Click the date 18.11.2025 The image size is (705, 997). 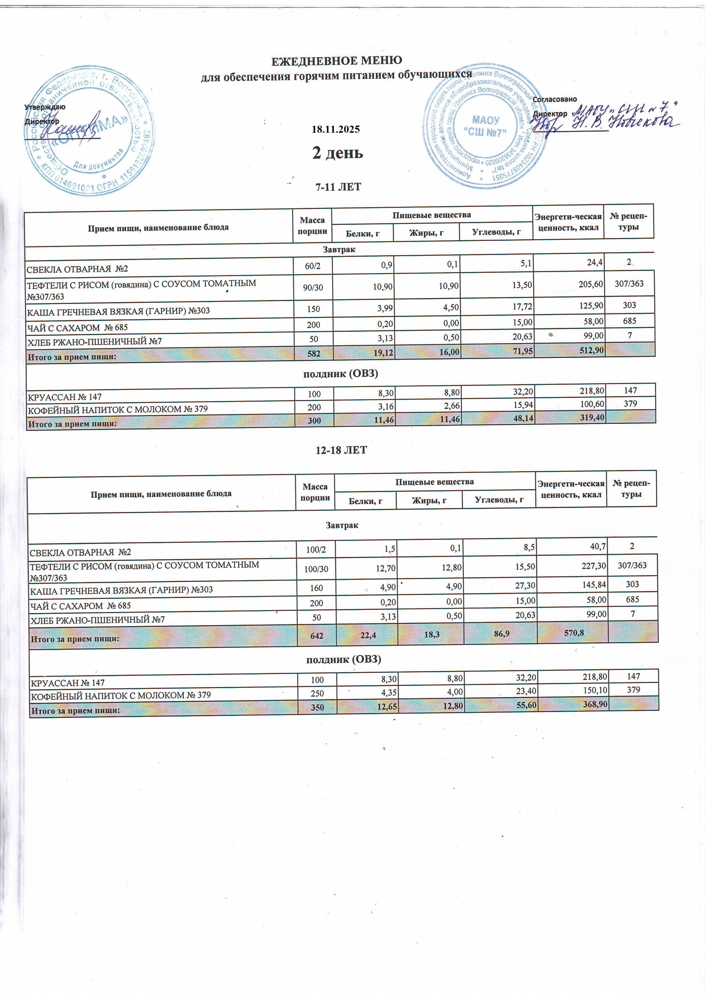coord(336,129)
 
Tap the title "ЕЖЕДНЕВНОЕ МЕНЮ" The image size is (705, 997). coord(337,60)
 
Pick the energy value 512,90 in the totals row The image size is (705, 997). coord(588,350)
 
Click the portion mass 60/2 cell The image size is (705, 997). coord(313,266)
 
